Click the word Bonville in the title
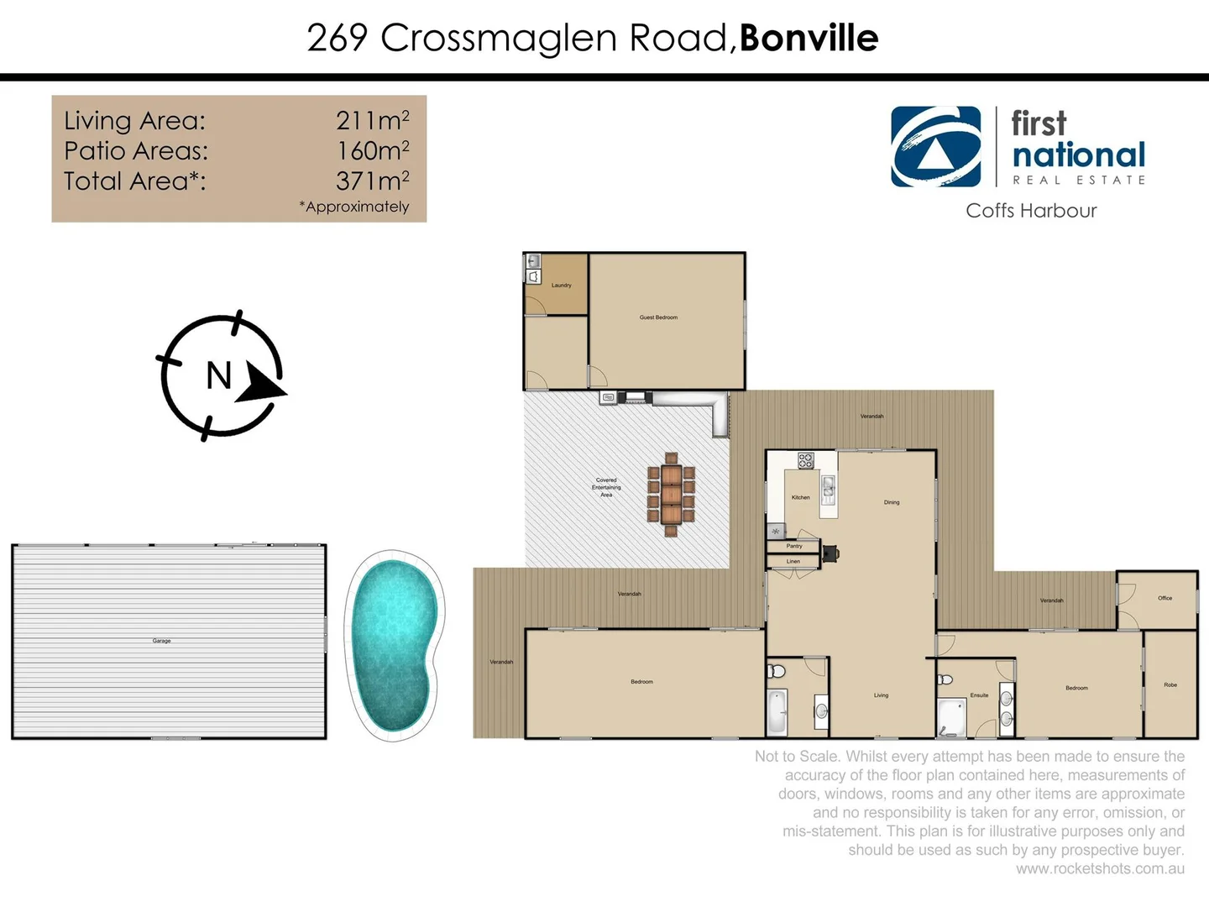809,38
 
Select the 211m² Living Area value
372,121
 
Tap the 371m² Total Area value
372,181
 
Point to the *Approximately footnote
353,207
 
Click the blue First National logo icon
935,146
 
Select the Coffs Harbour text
1031,211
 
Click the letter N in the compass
218,375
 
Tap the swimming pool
394,644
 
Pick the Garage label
161,641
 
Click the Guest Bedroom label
658,317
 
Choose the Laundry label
561,286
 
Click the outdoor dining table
670,495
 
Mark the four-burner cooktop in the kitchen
805,460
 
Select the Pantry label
793,546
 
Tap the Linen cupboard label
793,561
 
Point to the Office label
1165,598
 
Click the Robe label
1170,684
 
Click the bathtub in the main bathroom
777,712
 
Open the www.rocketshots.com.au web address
1100,868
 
